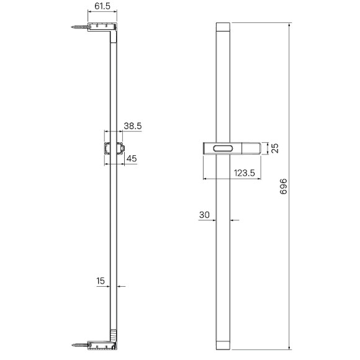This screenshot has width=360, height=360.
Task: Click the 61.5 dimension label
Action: pos(102,6)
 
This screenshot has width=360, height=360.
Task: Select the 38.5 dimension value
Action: pos(133,126)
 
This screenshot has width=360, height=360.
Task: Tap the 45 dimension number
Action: pos(132,158)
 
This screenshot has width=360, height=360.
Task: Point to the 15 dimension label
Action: pos(101,281)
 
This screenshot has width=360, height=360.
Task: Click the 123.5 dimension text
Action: pos(245,173)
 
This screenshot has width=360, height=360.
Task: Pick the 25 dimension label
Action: pos(275,148)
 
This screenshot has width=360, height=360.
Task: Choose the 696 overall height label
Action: pos(284,186)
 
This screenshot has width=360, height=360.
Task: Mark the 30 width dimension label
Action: pos(204,215)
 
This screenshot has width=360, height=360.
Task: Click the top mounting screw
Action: pos(79,27)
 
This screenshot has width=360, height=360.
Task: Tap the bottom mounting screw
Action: pos(79,345)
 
